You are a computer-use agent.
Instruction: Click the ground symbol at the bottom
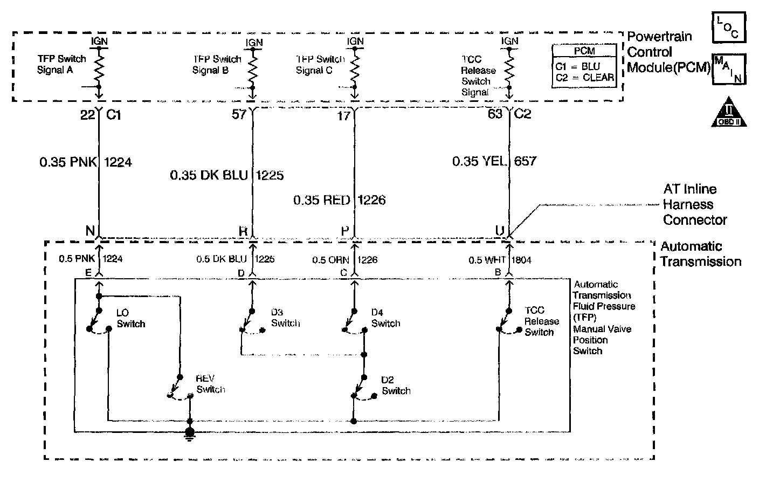pyautogui.click(x=189, y=433)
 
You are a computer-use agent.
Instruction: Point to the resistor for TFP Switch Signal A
pyautogui.click(x=99, y=68)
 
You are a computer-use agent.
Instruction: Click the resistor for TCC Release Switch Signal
pyautogui.click(x=508, y=68)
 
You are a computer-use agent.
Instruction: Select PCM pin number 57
pyautogui.click(x=239, y=114)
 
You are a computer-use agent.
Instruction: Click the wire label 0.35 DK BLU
pyautogui.click(x=209, y=175)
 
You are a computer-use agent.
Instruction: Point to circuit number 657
pyautogui.click(x=525, y=161)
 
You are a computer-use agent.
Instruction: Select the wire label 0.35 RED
pyautogui.click(x=322, y=200)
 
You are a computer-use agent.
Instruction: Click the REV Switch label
pyautogui.click(x=210, y=384)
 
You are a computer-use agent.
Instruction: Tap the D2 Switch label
pyautogui.click(x=396, y=385)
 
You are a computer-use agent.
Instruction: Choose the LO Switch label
pyautogui.click(x=130, y=319)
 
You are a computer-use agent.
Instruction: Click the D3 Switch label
pyautogui.click(x=285, y=318)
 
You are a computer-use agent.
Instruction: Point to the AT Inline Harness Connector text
pyautogui.click(x=694, y=204)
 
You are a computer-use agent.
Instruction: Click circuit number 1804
pyautogui.click(x=521, y=260)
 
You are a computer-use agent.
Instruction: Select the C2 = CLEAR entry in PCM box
pyautogui.click(x=584, y=77)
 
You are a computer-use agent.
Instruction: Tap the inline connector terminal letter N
pyautogui.click(x=90, y=230)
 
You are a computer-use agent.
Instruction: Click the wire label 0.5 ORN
pyautogui.click(x=331, y=260)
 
